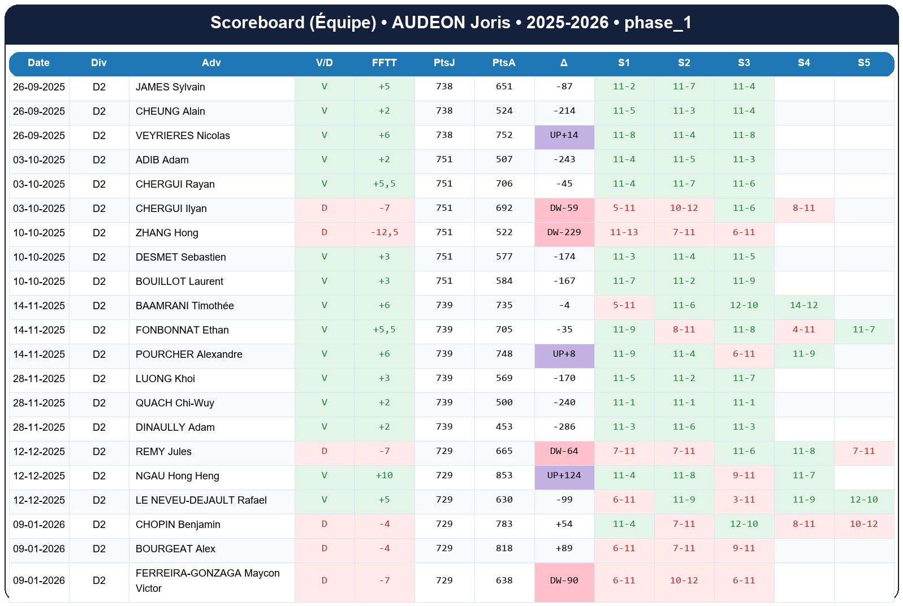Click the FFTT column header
pos(384,63)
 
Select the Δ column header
pos(564,63)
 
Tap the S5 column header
pos(863,63)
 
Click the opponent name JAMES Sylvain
pos(170,87)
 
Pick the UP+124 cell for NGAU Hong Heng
pos(564,475)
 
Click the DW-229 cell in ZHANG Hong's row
pos(564,232)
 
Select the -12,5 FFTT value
pos(384,232)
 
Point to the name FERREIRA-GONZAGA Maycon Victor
pos(207,581)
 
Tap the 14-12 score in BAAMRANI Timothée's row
pos(803,305)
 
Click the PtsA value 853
pos(504,475)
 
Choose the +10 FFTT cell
pos(384,475)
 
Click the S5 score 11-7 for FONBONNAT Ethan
pos(863,330)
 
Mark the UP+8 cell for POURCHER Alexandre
pos(564,354)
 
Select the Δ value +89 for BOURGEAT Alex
pos(564,548)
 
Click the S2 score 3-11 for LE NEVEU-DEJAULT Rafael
pos(744,500)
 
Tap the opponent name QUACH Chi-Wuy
pos(175,403)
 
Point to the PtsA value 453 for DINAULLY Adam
pos(504,427)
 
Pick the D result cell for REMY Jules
pos(324,451)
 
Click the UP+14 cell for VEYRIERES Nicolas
pos(564,135)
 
